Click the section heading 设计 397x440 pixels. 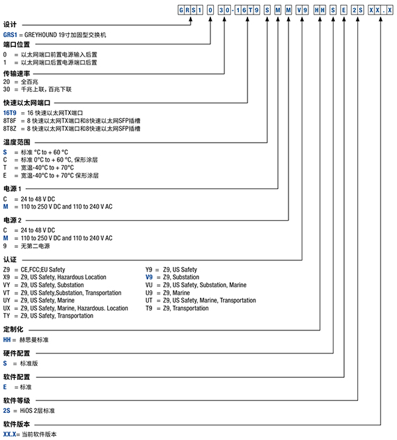pyautogui.click(x=10, y=24)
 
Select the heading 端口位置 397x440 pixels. pyautogui.click(x=16, y=45)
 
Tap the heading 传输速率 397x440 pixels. pyautogui.click(x=16, y=73)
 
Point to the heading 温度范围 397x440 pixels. pyautogui.click(x=16, y=141)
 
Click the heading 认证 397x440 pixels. pyautogui.click(x=10, y=260)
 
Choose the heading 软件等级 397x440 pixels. pyautogui.click(x=16, y=402)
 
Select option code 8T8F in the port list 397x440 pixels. pyautogui.click(x=11, y=121)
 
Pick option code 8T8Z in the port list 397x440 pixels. pyautogui.click(x=11, y=129)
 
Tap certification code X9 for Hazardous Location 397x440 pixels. pyautogui.click(x=7, y=277)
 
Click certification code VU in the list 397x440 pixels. pyautogui.click(x=150, y=285)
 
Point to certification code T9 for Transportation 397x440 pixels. pyautogui.click(x=150, y=309)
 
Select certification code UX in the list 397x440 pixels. pyautogui.click(x=7, y=309)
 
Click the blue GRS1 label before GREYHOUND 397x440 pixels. pyautogui.click(x=11, y=33)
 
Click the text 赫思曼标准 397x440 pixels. pyautogui.click(x=32, y=339)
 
